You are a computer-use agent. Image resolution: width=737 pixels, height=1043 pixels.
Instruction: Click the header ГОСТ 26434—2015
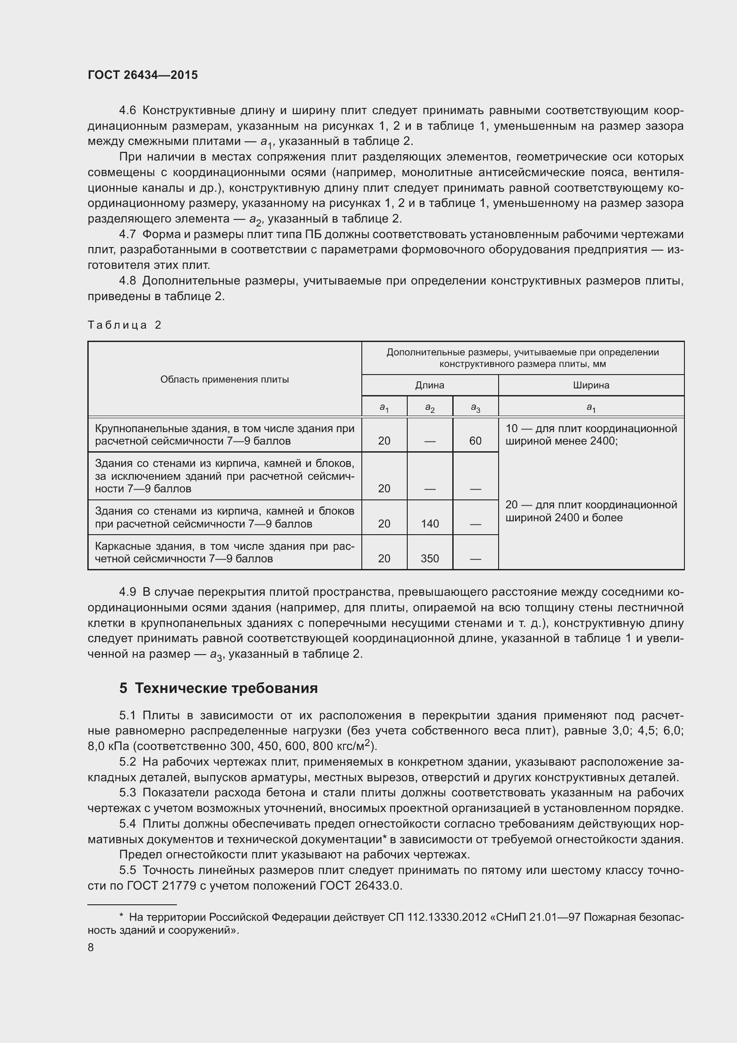point(143,75)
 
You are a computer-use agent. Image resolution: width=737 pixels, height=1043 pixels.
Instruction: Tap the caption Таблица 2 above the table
point(124,325)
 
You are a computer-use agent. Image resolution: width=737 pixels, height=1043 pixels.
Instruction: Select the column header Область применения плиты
point(225,379)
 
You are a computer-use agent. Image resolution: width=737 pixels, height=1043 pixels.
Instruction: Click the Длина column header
point(429,385)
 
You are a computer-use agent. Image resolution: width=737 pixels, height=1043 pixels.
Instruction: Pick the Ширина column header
point(591,385)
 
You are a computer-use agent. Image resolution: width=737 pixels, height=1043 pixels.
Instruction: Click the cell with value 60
point(475,441)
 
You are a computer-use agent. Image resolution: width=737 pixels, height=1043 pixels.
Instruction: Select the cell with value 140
point(429,524)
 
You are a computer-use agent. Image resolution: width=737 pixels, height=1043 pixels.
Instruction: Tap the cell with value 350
point(429,558)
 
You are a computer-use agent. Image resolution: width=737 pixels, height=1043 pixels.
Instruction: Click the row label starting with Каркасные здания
point(225,552)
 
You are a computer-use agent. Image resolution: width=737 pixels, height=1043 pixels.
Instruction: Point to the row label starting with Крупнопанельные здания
point(225,435)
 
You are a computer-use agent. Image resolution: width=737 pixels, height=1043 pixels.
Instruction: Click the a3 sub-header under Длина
point(475,408)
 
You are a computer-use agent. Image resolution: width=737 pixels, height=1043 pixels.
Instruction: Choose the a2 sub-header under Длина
point(429,408)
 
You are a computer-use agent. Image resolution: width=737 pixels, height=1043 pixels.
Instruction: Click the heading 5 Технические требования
point(218,688)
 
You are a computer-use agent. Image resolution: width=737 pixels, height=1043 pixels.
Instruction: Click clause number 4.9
point(127,592)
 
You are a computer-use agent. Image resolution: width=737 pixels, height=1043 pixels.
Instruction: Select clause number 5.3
point(127,793)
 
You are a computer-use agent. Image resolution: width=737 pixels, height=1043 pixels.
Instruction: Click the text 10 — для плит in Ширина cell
point(545,429)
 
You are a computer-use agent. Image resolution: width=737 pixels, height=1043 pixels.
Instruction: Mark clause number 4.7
point(127,235)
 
